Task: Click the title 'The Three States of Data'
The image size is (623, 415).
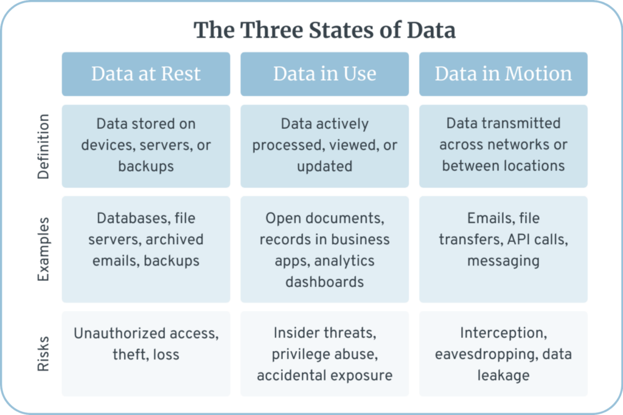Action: [324, 30]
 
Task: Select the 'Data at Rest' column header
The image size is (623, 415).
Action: [146, 74]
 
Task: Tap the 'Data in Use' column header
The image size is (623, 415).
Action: [325, 74]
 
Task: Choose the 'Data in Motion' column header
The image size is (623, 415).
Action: [503, 74]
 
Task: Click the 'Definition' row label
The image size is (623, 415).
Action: [43, 146]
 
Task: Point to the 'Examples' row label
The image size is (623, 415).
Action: [43, 249]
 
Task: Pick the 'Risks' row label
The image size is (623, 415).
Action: [43, 354]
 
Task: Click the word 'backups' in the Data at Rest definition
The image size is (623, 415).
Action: [146, 166]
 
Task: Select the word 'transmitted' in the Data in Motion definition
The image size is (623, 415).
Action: [521, 123]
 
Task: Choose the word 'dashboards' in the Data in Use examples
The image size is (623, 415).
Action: [325, 282]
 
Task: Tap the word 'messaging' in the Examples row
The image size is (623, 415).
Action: [503, 261]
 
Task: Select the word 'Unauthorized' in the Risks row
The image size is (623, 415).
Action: [120, 334]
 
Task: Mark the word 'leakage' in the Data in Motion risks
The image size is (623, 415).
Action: [503, 376]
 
